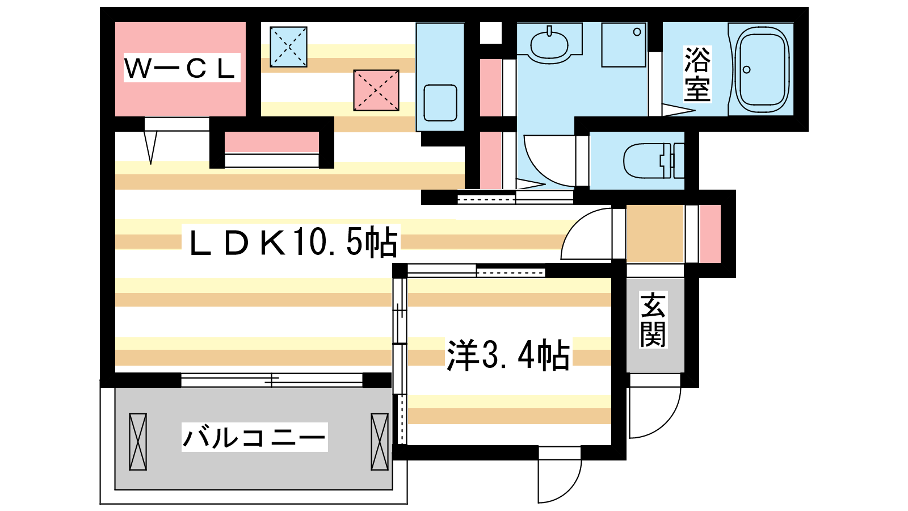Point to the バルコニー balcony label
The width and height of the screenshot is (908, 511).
(x=254, y=437)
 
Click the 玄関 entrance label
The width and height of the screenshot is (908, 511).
(x=653, y=320)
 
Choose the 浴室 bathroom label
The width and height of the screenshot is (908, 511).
(x=697, y=74)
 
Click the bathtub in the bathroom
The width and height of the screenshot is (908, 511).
(x=762, y=69)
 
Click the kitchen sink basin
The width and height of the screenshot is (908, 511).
(x=440, y=103)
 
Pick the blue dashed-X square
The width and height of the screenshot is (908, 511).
(x=288, y=47)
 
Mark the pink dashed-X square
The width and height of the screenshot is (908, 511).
(x=376, y=90)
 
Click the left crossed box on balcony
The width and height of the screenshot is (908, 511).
(x=138, y=441)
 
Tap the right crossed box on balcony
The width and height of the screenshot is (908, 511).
(x=380, y=441)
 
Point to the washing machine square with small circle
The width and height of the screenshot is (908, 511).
(x=624, y=45)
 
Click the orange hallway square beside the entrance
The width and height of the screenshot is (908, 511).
(x=655, y=234)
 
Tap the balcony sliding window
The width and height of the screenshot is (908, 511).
(x=272, y=380)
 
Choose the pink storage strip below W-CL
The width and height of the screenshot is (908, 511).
(x=271, y=143)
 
